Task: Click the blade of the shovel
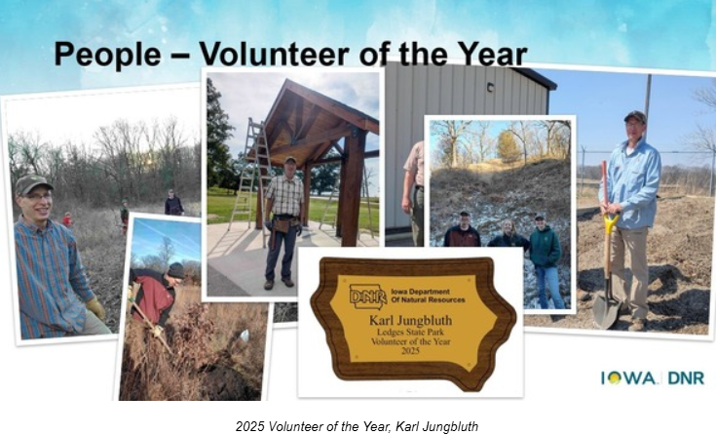tap(605, 311)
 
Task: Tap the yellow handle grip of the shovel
tap(611, 224)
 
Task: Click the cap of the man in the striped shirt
tap(32, 182)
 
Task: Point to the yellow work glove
tap(95, 309)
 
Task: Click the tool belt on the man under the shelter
tap(284, 223)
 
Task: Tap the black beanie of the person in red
tap(176, 269)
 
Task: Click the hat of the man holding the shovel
tap(635, 116)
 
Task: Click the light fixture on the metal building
tap(490, 87)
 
